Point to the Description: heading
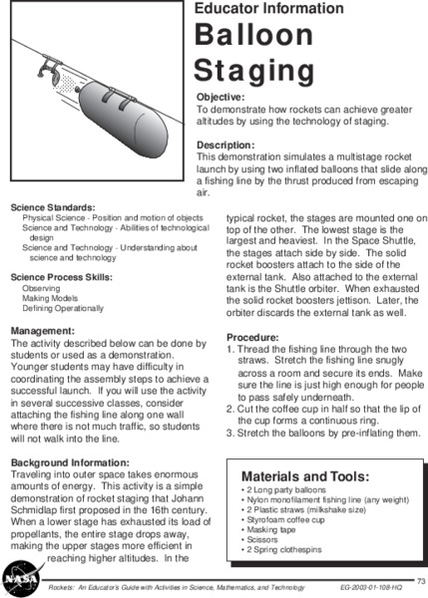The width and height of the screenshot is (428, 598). click(x=227, y=144)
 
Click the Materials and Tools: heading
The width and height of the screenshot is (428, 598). click(x=304, y=475)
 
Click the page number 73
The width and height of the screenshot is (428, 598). click(x=421, y=579)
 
